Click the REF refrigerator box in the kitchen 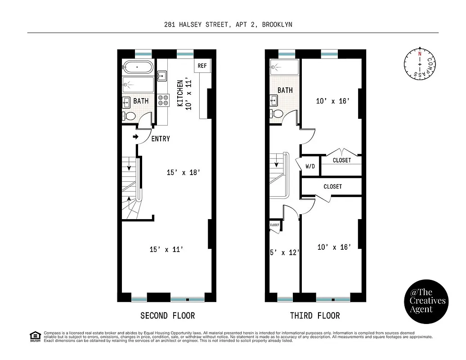(x=202, y=66)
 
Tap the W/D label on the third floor (x=310, y=166)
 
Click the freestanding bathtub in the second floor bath (x=138, y=67)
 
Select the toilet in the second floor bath (x=130, y=116)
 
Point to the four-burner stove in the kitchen (x=163, y=99)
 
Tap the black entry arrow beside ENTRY (x=135, y=137)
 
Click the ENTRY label (x=161, y=139)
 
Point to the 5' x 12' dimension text (x=284, y=252)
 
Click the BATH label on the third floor (x=285, y=90)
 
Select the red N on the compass (x=420, y=54)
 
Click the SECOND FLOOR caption (x=167, y=315)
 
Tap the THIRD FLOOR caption (x=315, y=315)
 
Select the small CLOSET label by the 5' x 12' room (x=275, y=225)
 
